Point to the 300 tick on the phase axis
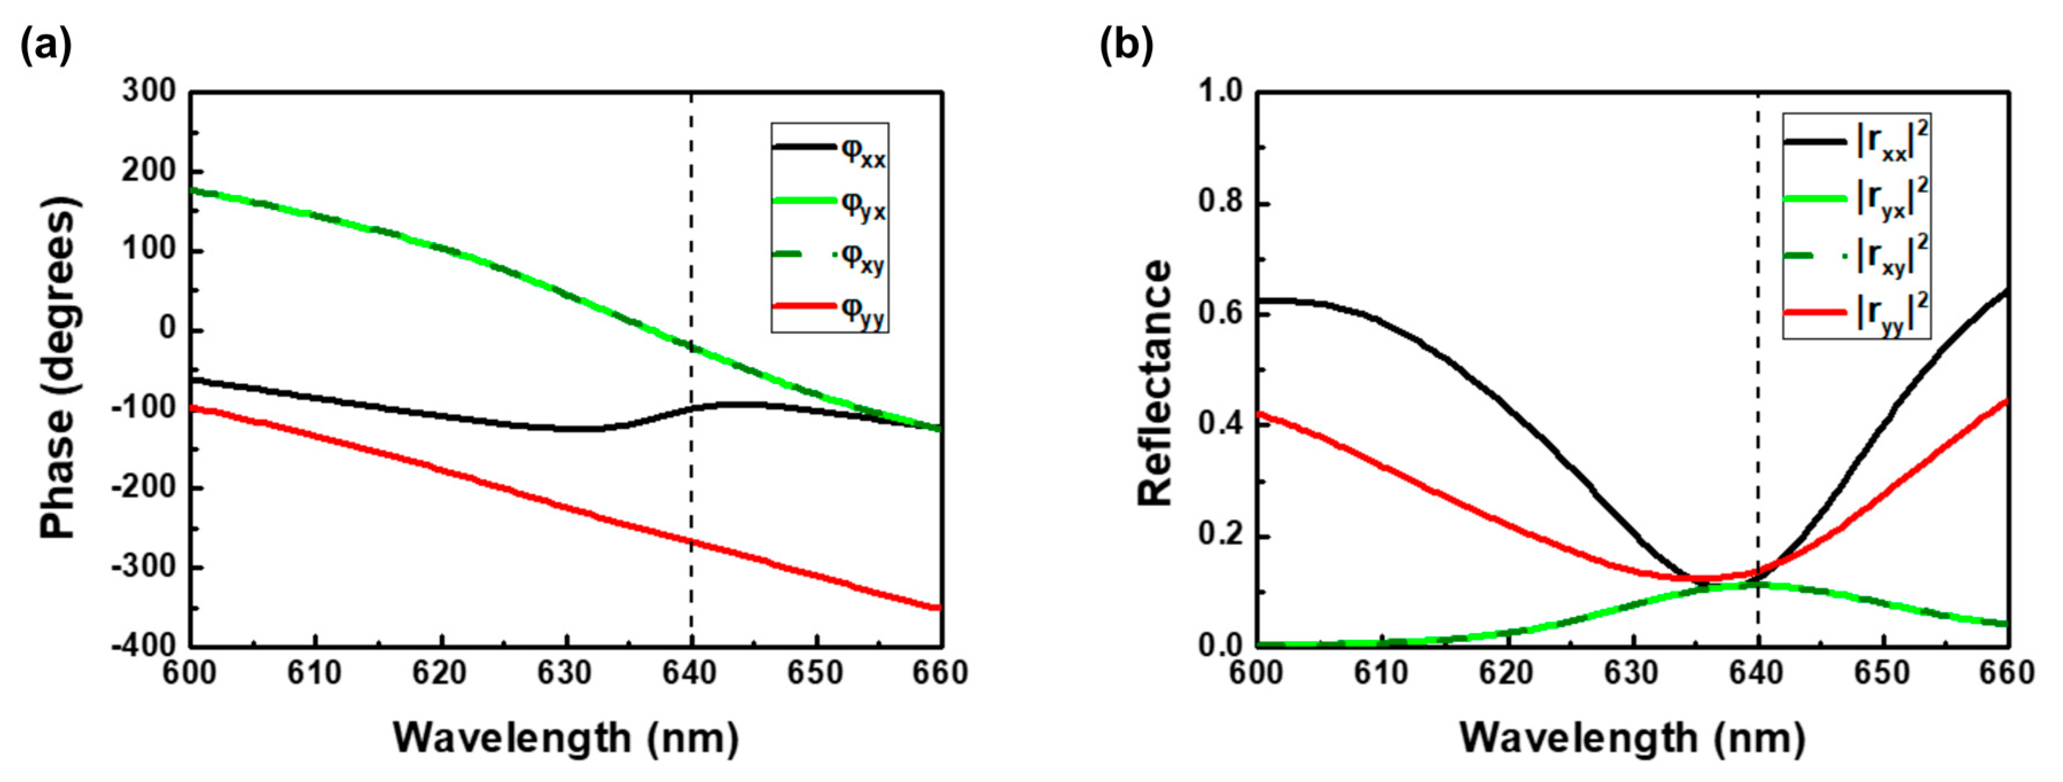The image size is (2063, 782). [149, 91]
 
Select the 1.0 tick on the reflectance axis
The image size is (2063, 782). [1220, 91]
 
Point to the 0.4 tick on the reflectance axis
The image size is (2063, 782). [1220, 424]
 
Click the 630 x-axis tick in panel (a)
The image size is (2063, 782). [566, 673]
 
